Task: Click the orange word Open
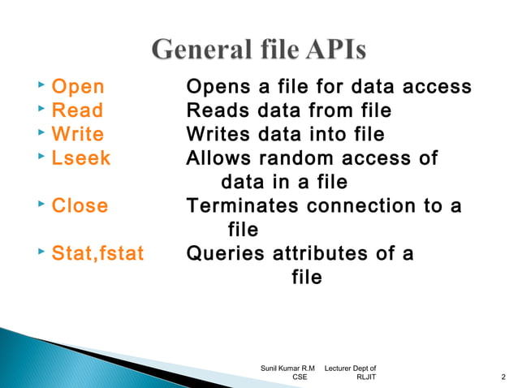pos(77,88)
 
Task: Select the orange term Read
pos(77,110)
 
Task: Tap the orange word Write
pos(77,134)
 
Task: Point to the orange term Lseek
pos(80,157)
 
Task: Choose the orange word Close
pos(80,205)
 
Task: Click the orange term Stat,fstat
pos(97,254)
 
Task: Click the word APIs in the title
pos(325,51)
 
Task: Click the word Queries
pos(225,254)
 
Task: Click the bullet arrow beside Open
pos(41,86)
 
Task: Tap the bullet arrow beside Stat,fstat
pos(41,252)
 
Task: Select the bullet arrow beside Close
pos(41,204)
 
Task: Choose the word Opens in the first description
pos(215,88)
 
